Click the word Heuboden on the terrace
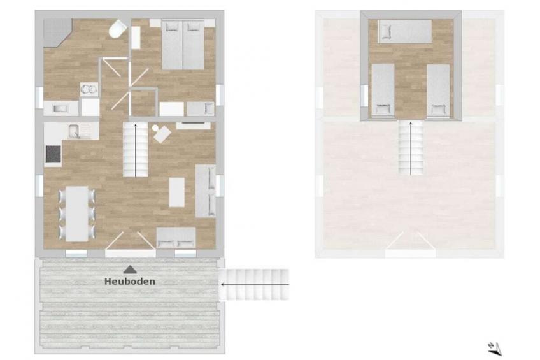[x=130, y=282]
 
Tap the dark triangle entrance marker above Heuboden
[x=130, y=270]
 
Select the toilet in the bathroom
[x=117, y=28]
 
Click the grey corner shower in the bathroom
[x=57, y=32]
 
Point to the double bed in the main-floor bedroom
[x=183, y=45]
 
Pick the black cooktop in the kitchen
[x=53, y=154]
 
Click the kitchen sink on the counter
[x=74, y=131]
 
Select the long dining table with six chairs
[x=77, y=213]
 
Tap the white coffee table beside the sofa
[x=176, y=192]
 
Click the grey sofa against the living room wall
[x=206, y=191]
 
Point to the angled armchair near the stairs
[x=161, y=134]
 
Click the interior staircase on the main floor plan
[x=136, y=150]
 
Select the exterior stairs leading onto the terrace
[x=254, y=285]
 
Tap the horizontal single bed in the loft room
[x=405, y=31]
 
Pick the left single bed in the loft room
[x=383, y=90]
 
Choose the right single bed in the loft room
[x=438, y=90]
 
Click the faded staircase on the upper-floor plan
[x=411, y=147]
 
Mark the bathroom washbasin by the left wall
[x=60, y=108]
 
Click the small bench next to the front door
[x=176, y=238]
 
